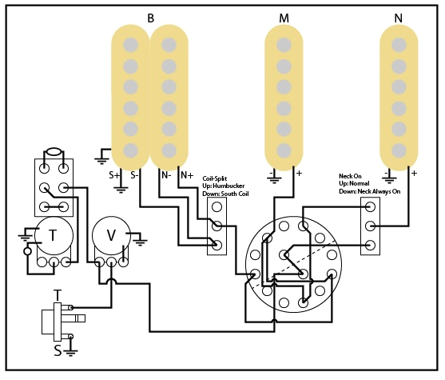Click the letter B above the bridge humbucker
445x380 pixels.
(x=151, y=18)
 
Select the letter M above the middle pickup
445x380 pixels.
(x=284, y=18)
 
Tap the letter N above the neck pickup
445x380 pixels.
(x=398, y=18)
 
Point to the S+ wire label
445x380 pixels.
(x=114, y=174)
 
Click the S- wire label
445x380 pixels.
(x=133, y=174)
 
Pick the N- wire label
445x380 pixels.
(x=165, y=174)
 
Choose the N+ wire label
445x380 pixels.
(x=186, y=174)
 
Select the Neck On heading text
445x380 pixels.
(x=352, y=175)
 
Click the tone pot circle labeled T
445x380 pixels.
(x=53, y=235)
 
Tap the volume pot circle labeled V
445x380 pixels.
(x=111, y=235)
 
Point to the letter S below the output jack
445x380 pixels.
(x=57, y=350)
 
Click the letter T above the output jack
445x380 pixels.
(x=57, y=296)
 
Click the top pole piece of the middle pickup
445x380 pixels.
(x=284, y=45)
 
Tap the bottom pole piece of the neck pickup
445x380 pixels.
(x=398, y=150)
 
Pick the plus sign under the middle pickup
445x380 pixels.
(x=299, y=173)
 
